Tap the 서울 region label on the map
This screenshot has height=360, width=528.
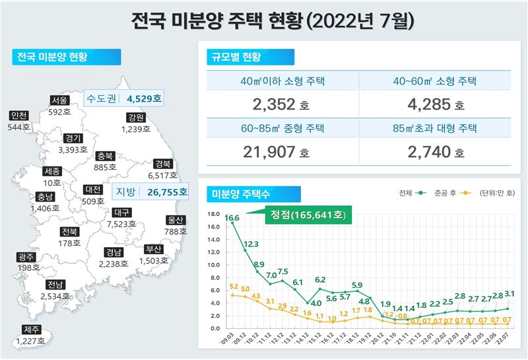click(59, 100)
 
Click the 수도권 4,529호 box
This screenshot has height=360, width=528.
click(125, 98)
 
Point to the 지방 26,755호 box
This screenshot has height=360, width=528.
click(150, 192)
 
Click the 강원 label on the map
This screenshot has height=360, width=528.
click(136, 118)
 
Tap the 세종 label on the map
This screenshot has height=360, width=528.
click(51, 171)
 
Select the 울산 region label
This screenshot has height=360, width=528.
click(174, 220)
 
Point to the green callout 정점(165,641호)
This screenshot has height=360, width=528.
click(308, 215)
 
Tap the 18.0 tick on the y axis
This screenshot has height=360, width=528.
click(213, 214)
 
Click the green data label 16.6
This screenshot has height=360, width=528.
click(232, 217)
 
